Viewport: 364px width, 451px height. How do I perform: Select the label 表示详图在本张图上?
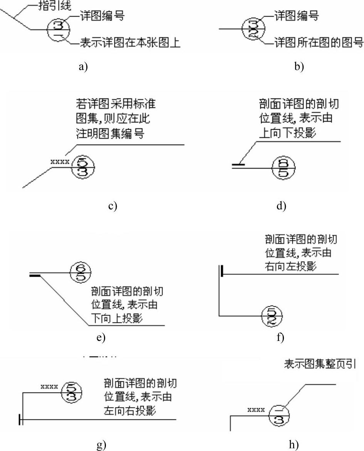(130, 42)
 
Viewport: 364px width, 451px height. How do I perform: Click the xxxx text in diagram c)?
(60, 162)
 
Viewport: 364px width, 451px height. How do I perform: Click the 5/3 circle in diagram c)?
(82, 167)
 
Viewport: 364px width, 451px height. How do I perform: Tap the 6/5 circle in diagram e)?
(80, 272)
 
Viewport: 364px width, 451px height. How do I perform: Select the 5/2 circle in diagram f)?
(272, 316)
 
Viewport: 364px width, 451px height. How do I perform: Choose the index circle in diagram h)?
(278, 416)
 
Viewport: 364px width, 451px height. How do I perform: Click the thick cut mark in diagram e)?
(35, 275)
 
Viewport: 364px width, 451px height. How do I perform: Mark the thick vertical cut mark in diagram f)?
(222, 271)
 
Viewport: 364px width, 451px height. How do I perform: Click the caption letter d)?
(281, 206)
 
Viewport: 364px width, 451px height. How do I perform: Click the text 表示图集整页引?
(320, 364)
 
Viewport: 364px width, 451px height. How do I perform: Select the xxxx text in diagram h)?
(256, 410)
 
